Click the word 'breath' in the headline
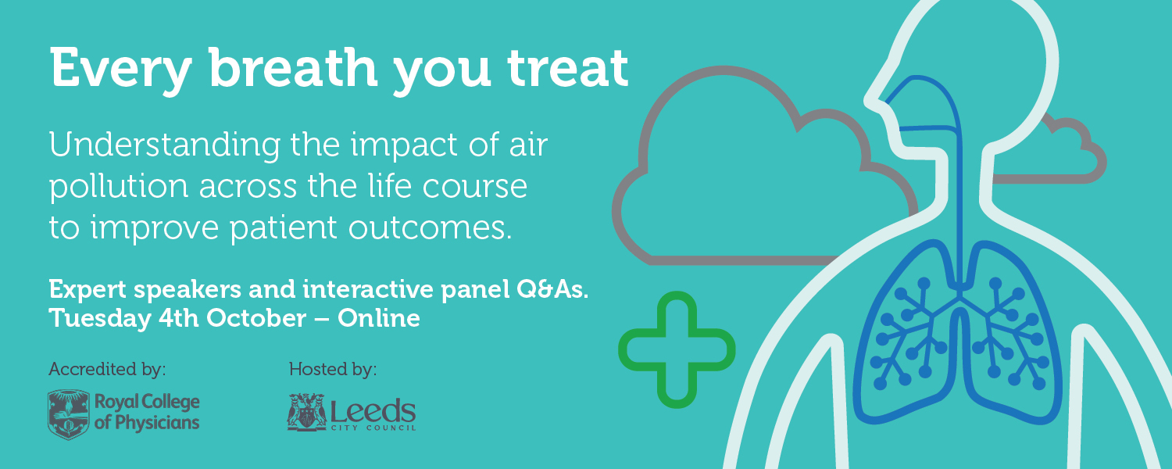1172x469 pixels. pos(293,68)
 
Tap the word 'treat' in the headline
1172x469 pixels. pos(567,69)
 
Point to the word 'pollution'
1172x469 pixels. pos(119,187)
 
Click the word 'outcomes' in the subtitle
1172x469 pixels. pos(430,228)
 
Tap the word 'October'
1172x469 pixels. pos(256,318)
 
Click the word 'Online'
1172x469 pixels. pos(379,318)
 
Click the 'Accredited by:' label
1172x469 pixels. pos(107,369)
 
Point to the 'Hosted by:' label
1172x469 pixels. pos(333,369)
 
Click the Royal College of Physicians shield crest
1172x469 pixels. pos(69,414)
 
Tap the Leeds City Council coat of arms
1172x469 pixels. pos(306,412)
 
